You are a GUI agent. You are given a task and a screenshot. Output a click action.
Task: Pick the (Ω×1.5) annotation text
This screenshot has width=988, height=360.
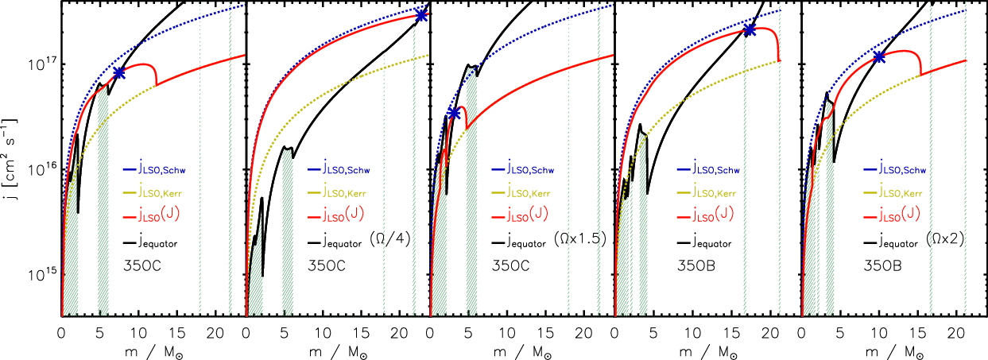[580, 238]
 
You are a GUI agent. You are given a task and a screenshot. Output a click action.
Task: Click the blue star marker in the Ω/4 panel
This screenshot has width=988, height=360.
[421, 16]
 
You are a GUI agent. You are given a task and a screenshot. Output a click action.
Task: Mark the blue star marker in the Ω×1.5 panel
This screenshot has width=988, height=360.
[454, 114]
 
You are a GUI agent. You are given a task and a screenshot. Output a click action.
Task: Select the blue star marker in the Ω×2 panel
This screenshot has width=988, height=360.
[879, 57]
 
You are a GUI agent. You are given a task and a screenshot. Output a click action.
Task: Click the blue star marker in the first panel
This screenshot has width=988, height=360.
[119, 72]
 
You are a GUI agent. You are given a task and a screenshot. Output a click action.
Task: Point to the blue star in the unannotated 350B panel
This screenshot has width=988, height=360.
[750, 30]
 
